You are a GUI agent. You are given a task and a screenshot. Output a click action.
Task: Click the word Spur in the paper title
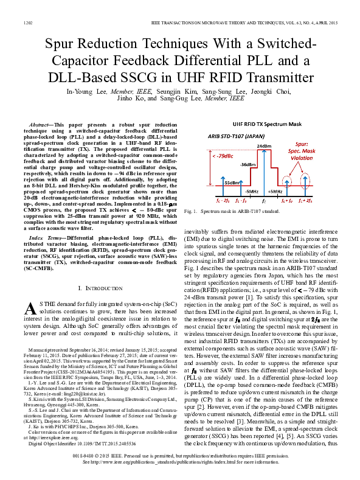coord(64,45)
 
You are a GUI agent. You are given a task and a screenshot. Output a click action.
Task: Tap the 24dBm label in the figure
coord(264,147)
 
